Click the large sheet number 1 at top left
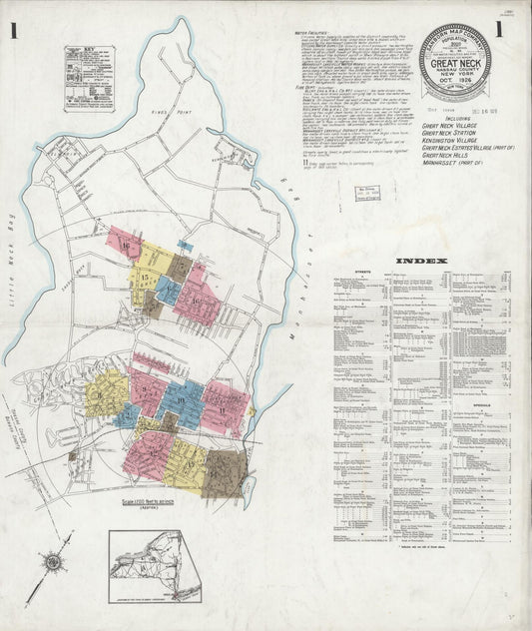(14, 30)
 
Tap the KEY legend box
(89, 78)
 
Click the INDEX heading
(417, 262)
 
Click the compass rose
(50, 566)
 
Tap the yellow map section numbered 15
(148, 276)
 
